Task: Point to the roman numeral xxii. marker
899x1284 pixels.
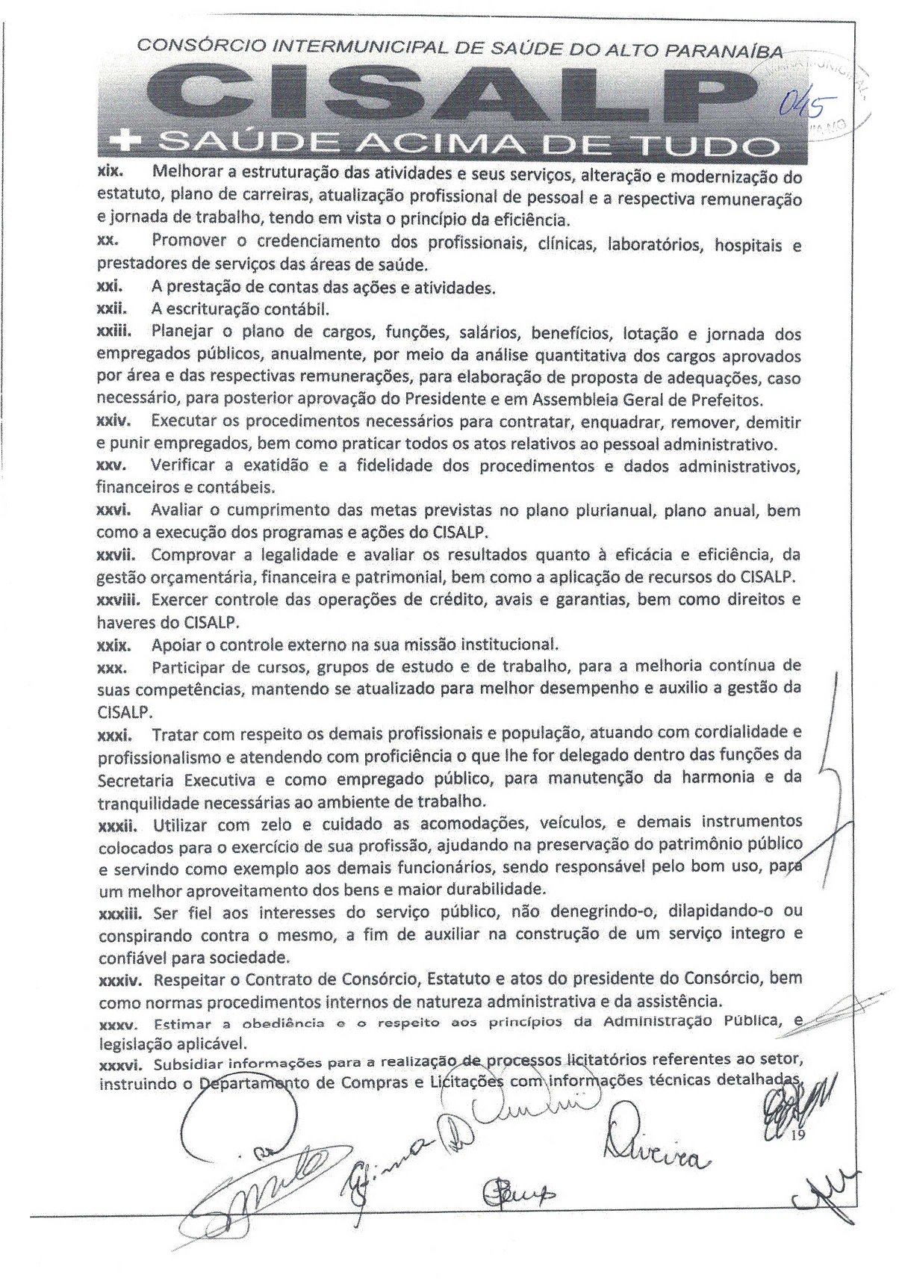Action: (113, 308)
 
